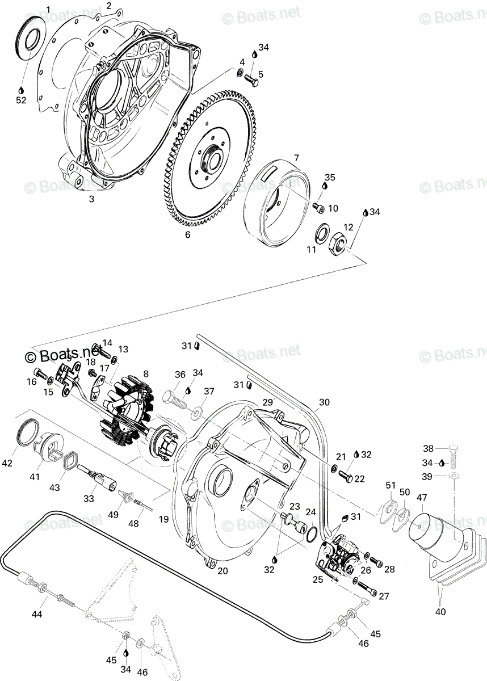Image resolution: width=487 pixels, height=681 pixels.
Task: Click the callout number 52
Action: (x=21, y=100)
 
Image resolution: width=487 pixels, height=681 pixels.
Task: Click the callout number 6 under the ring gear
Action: (x=187, y=234)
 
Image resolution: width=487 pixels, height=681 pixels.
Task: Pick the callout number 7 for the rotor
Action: (x=296, y=158)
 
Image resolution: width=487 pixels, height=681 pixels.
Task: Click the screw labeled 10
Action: (x=319, y=208)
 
